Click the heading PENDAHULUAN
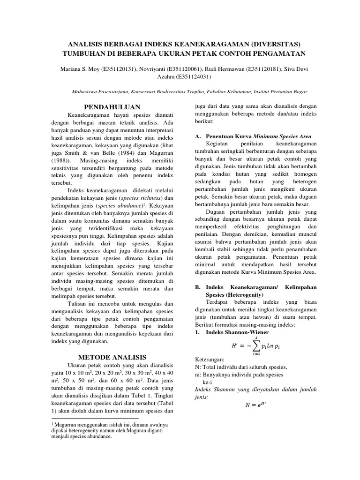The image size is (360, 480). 108,107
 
